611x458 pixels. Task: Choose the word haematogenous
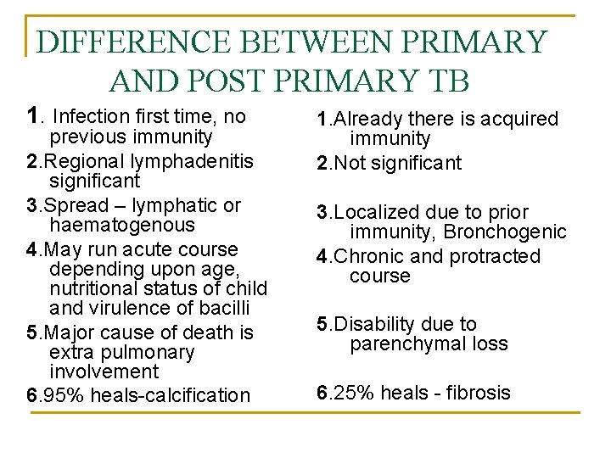click(x=122, y=226)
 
